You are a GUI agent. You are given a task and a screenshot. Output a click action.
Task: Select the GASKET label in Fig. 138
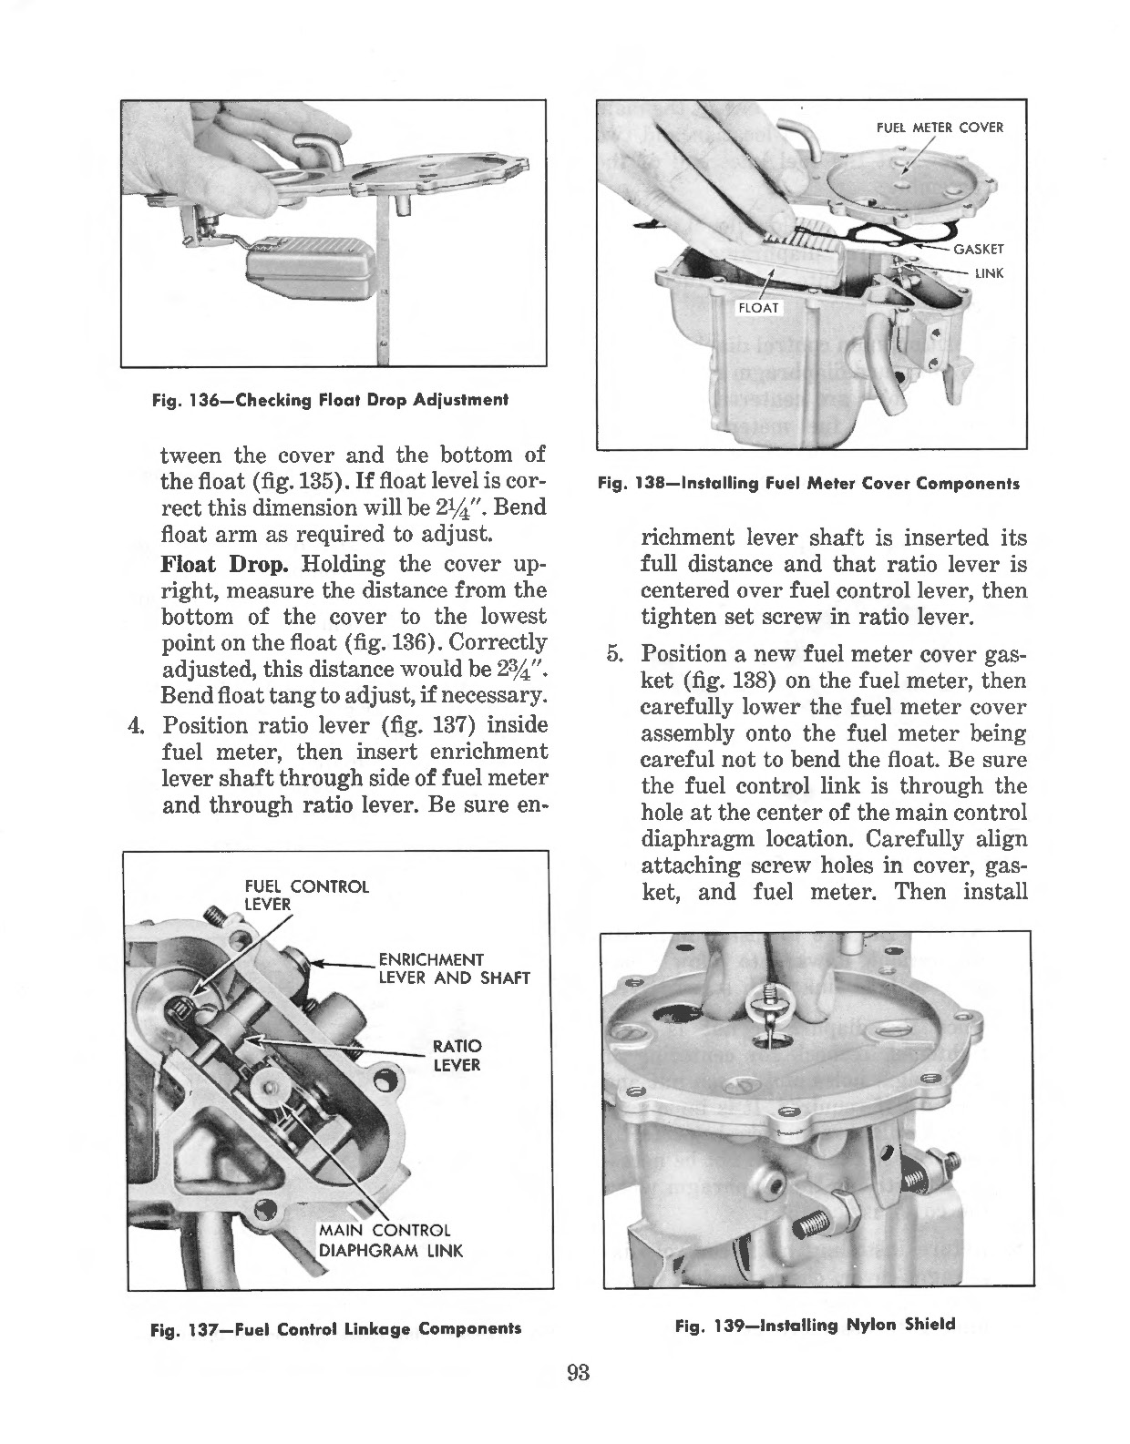click(x=978, y=249)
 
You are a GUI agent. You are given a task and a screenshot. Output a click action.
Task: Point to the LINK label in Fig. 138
click(x=989, y=272)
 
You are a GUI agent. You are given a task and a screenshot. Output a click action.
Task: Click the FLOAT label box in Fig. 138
click(x=758, y=307)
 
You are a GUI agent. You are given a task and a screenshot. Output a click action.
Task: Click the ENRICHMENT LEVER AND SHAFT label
click(x=453, y=968)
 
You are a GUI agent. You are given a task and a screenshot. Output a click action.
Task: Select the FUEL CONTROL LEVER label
click(x=307, y=895)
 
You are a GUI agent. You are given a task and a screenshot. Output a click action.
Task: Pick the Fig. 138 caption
click(x=807, y=484)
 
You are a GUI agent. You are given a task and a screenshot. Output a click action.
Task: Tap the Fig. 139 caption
click(x=814, y=1325)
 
